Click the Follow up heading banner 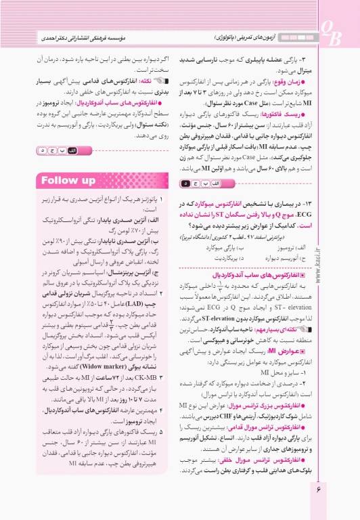pos(68,181)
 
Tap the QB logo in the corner pos(332,32)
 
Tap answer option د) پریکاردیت pos(231,258)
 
